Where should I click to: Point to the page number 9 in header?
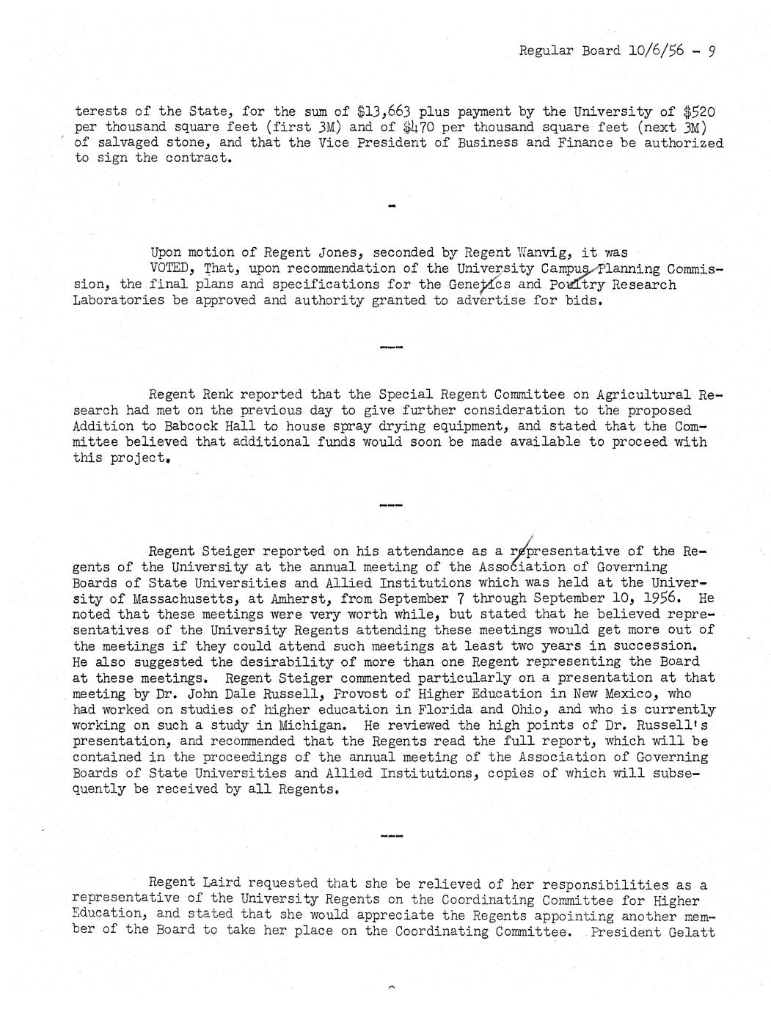(712, 51)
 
